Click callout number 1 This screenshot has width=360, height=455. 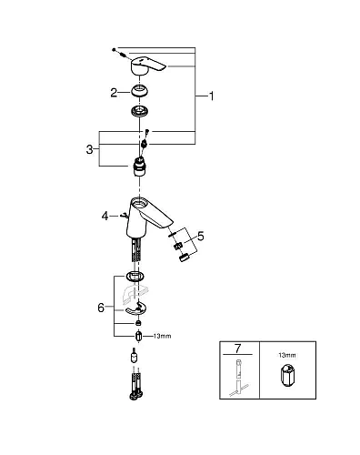212,94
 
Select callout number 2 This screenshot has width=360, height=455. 114,91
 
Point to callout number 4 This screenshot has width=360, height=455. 105,216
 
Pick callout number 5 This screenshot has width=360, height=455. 201,236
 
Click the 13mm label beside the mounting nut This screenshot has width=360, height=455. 162,336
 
